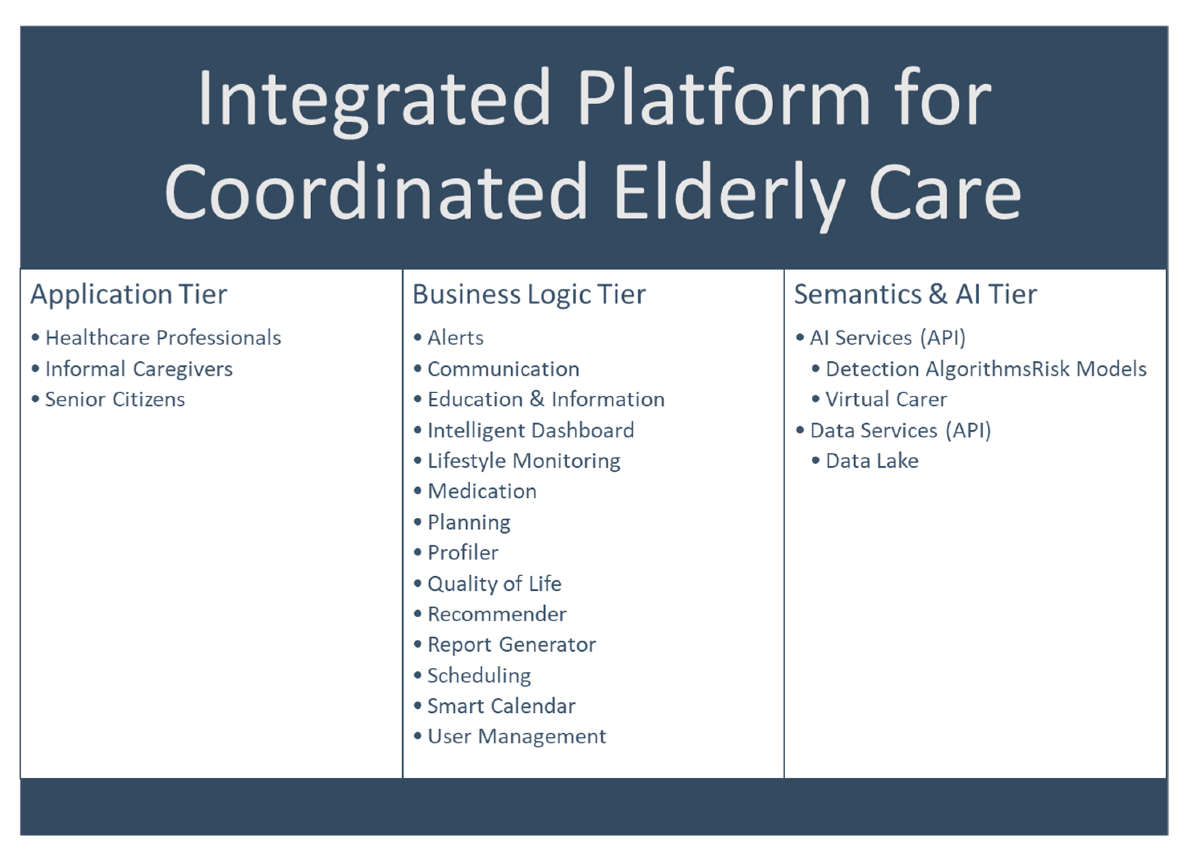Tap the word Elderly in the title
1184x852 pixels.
coord(730,193)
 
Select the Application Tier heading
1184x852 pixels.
coord(129,295)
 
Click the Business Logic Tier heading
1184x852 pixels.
coord(529,295)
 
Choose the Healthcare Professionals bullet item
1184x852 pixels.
coord(163,338)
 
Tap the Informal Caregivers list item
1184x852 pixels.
coord(139,369)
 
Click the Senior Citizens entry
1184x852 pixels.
coord(115,400)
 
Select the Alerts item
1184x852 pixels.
coord(456,338)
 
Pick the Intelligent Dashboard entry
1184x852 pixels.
coord(531,431)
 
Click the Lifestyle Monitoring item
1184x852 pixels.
coord(524,461)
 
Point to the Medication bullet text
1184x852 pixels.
coord(482,492)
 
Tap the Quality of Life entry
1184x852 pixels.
coord(494,584)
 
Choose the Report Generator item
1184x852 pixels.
coord(512,645)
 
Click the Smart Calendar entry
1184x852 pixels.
coord(501,706)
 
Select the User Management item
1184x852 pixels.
coord(517,737)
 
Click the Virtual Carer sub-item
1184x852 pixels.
coord(886,400)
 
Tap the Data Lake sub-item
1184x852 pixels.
coord(872,461)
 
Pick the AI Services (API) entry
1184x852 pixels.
coord(888,338)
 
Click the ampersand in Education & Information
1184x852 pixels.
coord(537,400)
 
